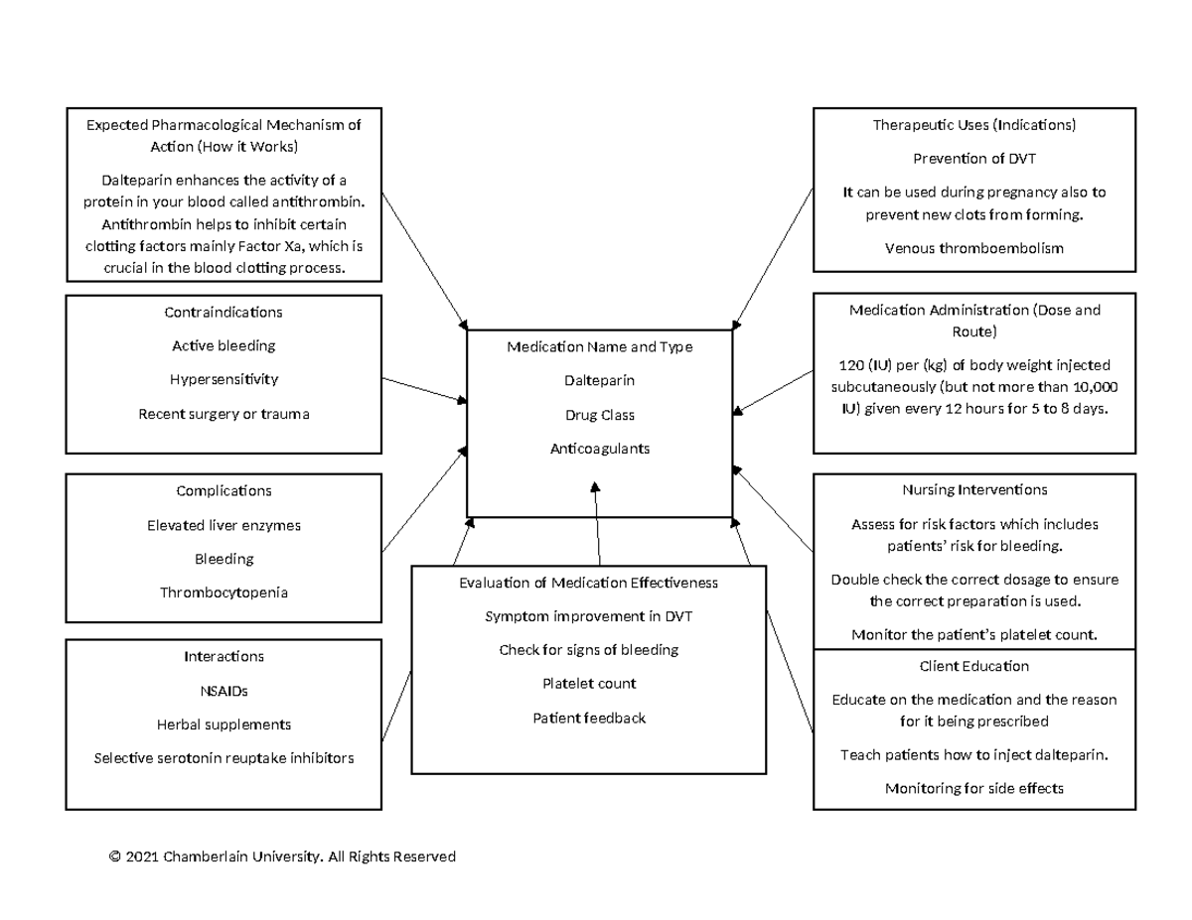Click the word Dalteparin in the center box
click(x=599, y=380)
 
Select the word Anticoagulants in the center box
click(x=599, y=449)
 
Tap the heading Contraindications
click(x=223, y=312)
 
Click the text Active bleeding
click(x=223, y=345)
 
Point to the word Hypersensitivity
click(x=223, y=379)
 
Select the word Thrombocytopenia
click(x=223, y=592)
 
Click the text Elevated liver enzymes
click(x=223, y=525)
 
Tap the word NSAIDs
click(x=223, y=691)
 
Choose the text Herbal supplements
click(x=223, y=724)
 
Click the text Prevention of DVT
click(x=973, y=159)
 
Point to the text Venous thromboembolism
click(x=973, y=248)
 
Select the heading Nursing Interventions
click(x=973, y=489)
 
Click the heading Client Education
click(x=973, y=666)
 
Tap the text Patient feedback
click(x=589, y=718)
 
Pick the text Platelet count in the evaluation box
click(x=589, y=683)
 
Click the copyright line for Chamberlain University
click(x=282, y=856)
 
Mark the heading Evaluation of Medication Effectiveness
click(x=589, y=583)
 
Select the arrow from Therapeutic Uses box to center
click(x=774, y=259)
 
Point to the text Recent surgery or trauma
click(x=223, y=414)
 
